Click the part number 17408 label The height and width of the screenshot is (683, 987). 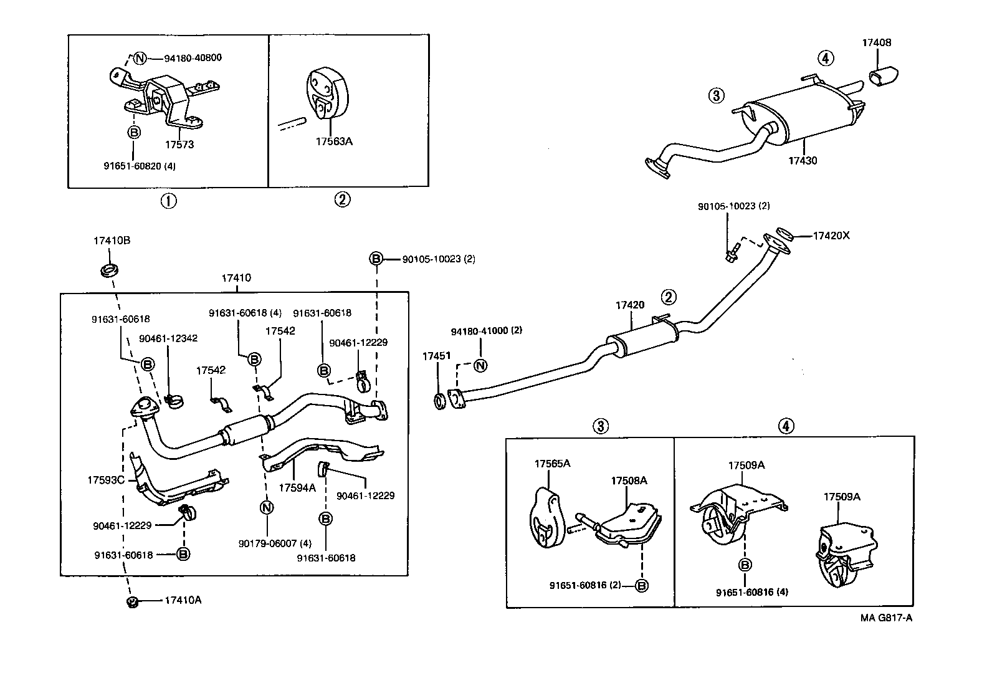coord(877,43)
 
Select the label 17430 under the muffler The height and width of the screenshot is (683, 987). coord(803,160)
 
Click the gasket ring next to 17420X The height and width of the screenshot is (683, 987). coord(786,234)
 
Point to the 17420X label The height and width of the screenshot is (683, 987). coord(831,236)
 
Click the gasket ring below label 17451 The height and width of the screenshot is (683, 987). coord(439,401)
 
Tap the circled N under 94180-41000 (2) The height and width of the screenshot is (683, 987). coord(480,366)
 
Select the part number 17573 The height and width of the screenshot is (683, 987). coord(179,145)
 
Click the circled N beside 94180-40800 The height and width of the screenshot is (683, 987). coord(140,59)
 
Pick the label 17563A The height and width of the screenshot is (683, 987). coord(334,141)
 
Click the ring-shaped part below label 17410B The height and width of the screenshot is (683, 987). coord(109,271)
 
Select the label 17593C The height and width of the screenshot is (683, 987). coord(106,480)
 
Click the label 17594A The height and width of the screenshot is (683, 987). coord(297,488)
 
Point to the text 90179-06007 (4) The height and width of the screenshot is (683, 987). coord(275,543)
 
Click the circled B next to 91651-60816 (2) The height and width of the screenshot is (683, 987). coord(642,586)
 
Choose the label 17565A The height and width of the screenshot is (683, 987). coord(552,464)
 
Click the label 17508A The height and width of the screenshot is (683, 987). coord(629,480)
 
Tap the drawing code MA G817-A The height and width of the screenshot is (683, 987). coord(887,618)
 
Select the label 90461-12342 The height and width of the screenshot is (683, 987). coord(168,338)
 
